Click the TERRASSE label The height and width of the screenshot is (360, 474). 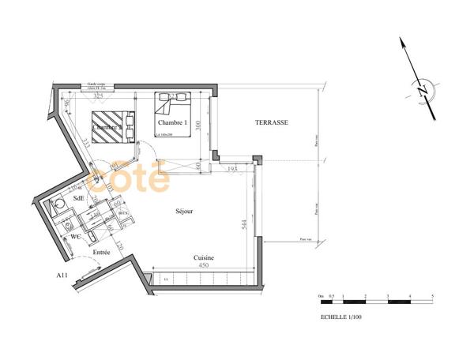tap(271, 123)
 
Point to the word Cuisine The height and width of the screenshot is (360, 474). tap(205, 258)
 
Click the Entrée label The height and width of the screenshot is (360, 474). tap(100, 252)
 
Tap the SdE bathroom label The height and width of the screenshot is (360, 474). tap(78, 200)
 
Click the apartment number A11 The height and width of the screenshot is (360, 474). tap(62, 276)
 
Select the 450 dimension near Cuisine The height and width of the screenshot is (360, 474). tap(203, 266)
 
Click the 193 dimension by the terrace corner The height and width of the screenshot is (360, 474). tap(232, 169)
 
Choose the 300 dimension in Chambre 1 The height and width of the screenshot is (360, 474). tap(201, 124)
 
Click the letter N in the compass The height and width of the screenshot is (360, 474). tap(423, 90)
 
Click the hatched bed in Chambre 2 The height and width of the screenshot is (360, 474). tap(112, 126)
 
